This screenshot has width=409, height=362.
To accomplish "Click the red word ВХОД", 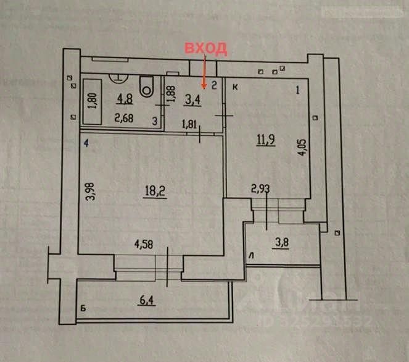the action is point(207,49).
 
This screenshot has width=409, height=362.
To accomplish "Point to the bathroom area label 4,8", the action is point(125,97).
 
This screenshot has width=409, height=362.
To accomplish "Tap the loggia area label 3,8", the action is point(281,242).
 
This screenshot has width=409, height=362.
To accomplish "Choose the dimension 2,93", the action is point(260,189).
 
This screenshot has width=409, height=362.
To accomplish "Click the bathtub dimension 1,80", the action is point(92,101).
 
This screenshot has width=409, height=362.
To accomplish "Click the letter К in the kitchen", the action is point(235,88).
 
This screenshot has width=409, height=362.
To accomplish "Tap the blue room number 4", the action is point(86,143).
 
